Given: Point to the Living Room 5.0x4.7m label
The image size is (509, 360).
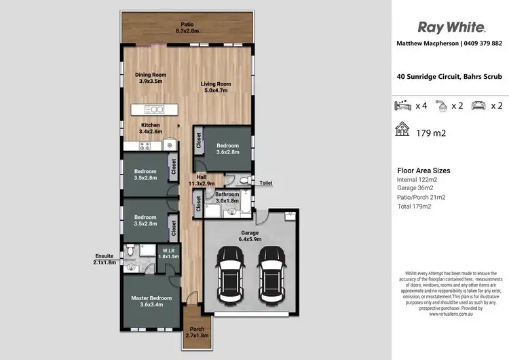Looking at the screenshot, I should (x=214, y=86).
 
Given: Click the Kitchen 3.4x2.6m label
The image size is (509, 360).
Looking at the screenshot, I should (x=151, y=128).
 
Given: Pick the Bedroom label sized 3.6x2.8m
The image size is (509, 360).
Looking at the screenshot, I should (x=227, y=148).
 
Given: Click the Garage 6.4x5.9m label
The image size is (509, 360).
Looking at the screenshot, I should (x=250, y=234).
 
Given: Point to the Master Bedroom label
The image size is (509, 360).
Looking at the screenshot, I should (x=151, y=301).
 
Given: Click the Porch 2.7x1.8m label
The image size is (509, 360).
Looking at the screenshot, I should (x=196, y=332).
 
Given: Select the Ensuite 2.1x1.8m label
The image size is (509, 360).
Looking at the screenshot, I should (x=105, y=259).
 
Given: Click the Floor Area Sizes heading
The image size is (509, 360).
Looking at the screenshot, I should (x=423, y=170).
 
